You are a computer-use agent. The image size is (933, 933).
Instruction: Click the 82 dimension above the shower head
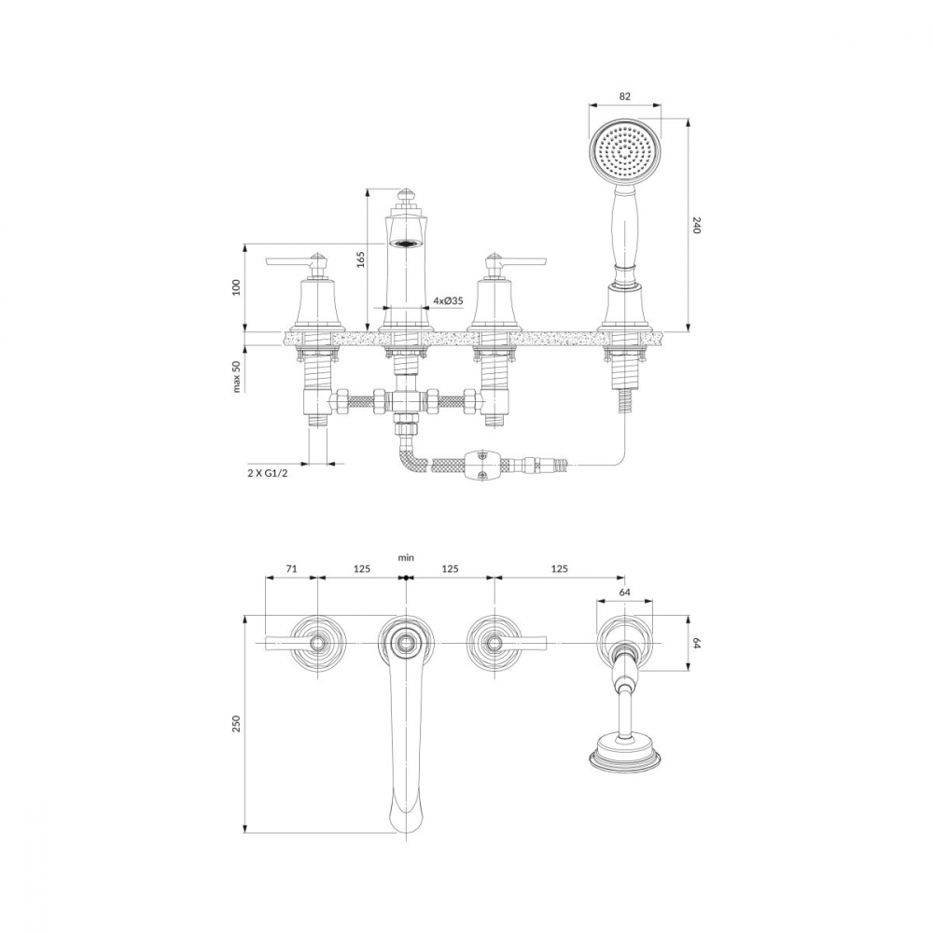[x=624, y=96]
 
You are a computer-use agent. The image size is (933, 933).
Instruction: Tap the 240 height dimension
[x=697, y=226]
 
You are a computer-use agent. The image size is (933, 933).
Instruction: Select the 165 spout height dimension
[x=360, y=259]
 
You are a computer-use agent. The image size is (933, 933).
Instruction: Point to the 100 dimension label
[x=237, y=286]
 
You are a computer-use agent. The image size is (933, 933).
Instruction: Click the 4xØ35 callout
[x=448, y=301]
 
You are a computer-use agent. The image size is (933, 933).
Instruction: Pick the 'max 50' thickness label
[x=237, y=376]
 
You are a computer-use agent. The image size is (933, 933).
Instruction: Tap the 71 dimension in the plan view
[x=291, y=568]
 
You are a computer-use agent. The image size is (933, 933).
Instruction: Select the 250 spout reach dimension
[x=237, y=724]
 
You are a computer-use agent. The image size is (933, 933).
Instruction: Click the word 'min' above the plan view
[x=406, y=558]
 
